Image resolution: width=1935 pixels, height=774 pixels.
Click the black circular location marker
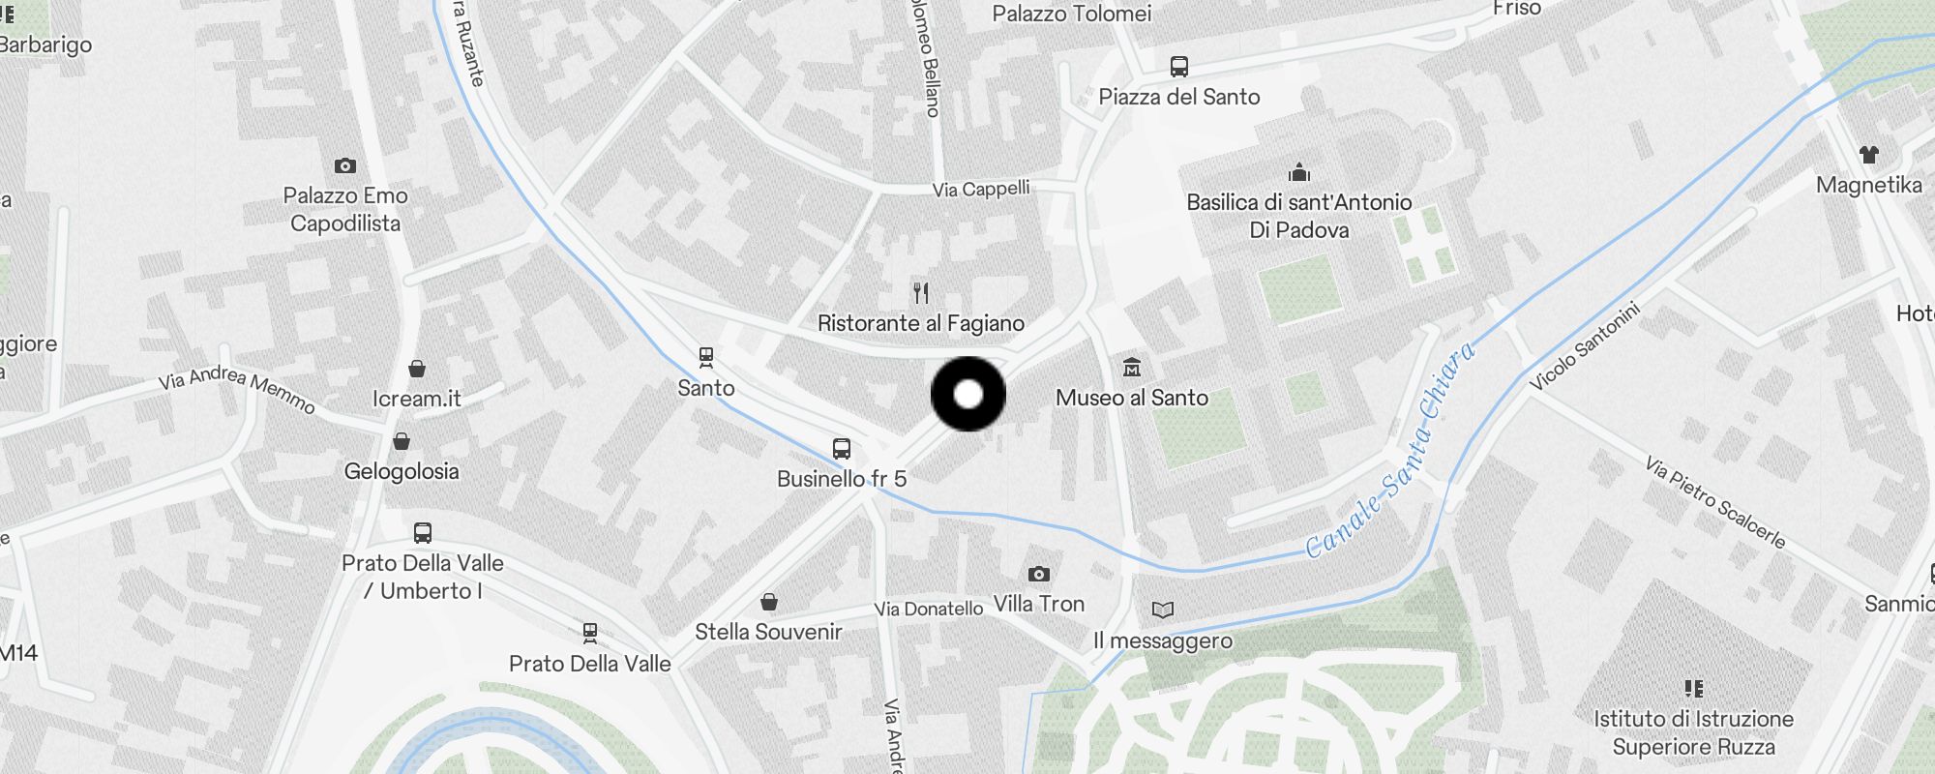(967, 394)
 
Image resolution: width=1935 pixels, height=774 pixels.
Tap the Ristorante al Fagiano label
(920, 323)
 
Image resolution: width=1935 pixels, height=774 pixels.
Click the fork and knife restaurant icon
(921, 292)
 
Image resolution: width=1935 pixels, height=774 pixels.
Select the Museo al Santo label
(1131, 398)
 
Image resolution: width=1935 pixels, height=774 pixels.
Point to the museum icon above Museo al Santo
(1132, 367)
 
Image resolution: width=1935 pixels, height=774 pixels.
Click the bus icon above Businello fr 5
(842, 449)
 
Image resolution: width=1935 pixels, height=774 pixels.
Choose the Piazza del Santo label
(1178, 97)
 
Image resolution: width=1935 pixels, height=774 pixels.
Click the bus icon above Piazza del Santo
(1178, 66)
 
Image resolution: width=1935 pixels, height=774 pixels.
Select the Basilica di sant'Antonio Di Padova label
(1298, 216)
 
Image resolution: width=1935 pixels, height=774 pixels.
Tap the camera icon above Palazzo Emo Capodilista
(344, 165)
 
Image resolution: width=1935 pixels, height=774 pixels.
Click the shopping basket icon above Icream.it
(417, 369)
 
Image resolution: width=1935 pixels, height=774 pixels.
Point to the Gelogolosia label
(402, 471)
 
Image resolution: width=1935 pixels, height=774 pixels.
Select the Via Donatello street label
(928, 609)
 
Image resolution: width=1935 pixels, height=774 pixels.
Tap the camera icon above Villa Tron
(1038, 574)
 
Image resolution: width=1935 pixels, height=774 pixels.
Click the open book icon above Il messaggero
(1162, 610)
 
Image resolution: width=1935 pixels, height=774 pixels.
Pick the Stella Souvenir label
(768, 632)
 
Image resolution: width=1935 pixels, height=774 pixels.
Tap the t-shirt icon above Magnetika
(1868, 154)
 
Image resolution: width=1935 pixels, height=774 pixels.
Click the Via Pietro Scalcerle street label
(1714, 502)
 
